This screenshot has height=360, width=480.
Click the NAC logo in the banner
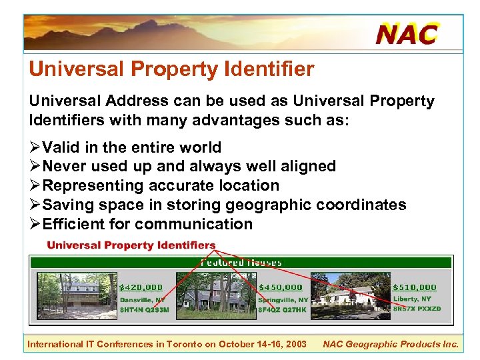pyautogui.click(x=407, y=33)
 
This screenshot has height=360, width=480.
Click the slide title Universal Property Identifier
pyautogui.click(x=171, y=69)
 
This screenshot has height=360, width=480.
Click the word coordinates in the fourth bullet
pyautogui.click(x=361, y=205)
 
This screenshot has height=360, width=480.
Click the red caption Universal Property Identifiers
pyautogui.click(x=131, y=245)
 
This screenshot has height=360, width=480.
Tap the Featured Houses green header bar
pyautogui.click(x=241, y=262)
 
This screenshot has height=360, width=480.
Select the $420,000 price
pyautogui.click(x=141, y=287)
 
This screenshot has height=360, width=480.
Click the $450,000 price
pyautogui.click(x=280, y=287)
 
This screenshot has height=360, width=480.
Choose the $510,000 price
pyautogui.click(x=415, y=287)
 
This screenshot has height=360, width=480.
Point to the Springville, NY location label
pyautogui.click(x=283, y=299)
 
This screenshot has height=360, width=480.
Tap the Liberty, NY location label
pyautogui.click(x=412, y=299)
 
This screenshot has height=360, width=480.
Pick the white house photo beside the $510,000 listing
pyautogui.click(x=350, y=294)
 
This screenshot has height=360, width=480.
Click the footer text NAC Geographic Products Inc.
pyautogui.click(x=391, y=344)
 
